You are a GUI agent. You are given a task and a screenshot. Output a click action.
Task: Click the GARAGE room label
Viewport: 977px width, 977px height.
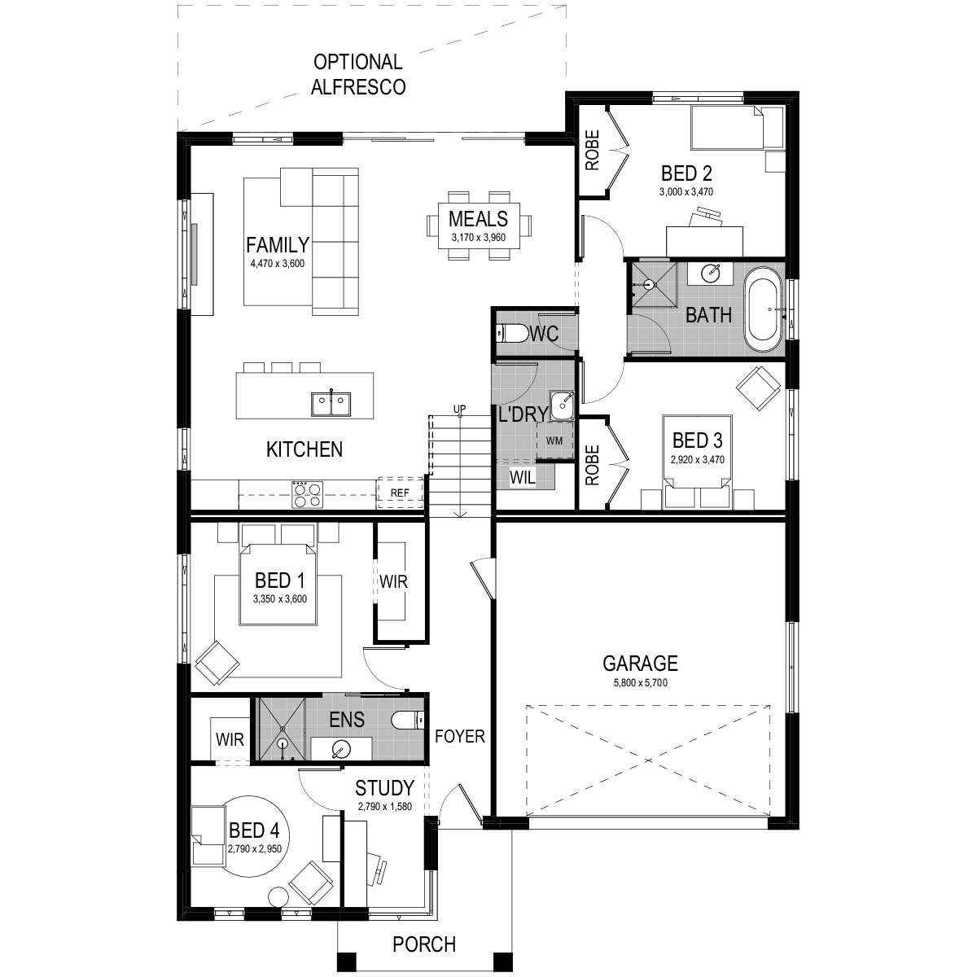click(639, 663)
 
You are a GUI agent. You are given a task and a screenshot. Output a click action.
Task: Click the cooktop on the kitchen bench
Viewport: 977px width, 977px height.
click(307, 494)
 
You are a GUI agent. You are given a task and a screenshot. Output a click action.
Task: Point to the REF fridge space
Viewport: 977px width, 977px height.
click(400, 493)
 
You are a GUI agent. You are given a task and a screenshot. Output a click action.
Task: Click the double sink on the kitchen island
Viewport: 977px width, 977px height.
click(331, 402)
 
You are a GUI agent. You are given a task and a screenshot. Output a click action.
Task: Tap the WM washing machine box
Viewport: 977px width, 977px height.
click(554, 440)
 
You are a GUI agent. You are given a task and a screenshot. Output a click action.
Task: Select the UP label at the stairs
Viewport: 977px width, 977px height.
click(460, 409)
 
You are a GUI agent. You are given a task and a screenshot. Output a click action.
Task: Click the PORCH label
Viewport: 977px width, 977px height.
click(424, 944)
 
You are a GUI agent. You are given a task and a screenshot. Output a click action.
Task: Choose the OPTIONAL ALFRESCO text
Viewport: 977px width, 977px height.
click(358, 74)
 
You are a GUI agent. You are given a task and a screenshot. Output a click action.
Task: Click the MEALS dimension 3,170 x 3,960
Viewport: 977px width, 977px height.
click(479, 239)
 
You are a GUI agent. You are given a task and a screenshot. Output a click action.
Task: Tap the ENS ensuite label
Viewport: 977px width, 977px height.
click(347, 720)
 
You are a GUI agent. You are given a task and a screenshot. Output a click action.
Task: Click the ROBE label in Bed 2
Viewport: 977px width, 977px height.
click(592, 151)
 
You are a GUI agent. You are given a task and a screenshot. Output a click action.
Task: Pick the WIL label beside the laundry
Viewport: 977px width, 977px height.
click(523, 478)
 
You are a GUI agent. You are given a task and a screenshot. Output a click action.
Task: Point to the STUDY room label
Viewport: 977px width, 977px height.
click(384, 788)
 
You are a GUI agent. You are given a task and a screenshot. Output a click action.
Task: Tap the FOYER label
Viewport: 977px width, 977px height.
click(459, 737)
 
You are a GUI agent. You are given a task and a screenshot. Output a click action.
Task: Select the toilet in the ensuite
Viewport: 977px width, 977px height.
click(406, 721)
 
